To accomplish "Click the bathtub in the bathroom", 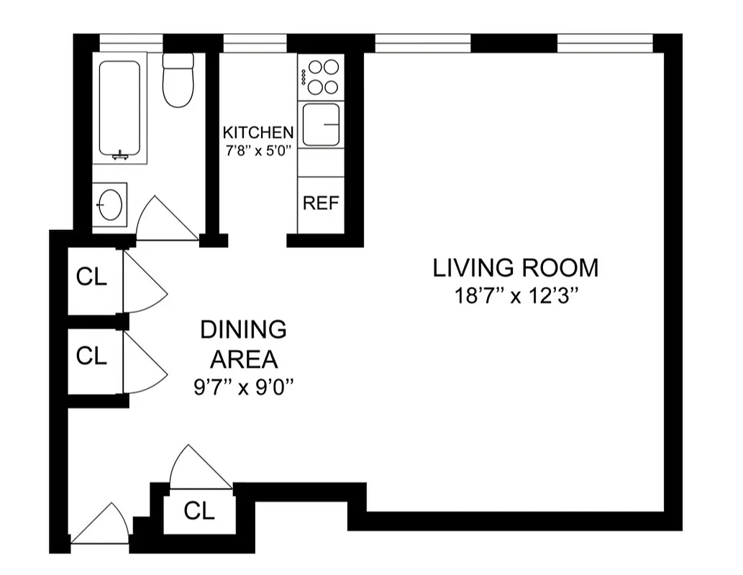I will click(119, 108).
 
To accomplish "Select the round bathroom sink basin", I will click(110, 205).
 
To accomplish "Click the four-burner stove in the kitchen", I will click(322, 77).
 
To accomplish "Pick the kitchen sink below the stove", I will click(321, 124).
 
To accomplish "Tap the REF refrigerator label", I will click(321, 203).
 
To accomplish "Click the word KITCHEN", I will click(258, 132).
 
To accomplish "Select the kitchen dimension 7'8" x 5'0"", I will click(258, 152).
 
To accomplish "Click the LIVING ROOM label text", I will click(515, 268).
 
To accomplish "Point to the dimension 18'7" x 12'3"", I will click(515, 296).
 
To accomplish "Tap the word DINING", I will click(243, 330).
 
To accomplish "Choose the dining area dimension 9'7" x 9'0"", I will click(243, 387).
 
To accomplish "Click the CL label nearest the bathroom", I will click(91, 278).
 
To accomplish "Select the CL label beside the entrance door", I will click(199, 511).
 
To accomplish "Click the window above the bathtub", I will click(131, 44).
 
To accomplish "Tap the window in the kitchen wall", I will click(255, 44).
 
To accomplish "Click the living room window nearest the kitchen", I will click(423, 44).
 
